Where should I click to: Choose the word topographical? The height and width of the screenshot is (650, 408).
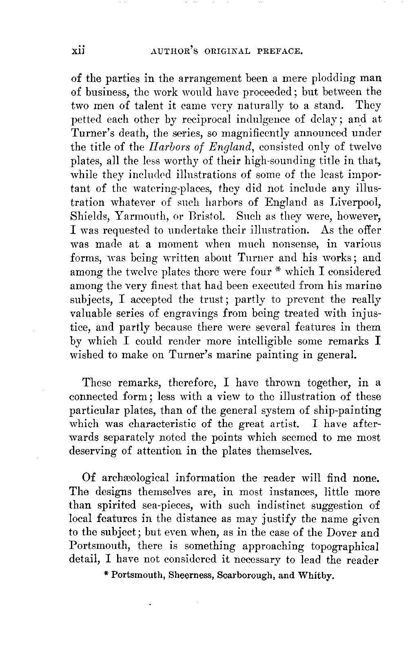[x=338, y=546]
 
